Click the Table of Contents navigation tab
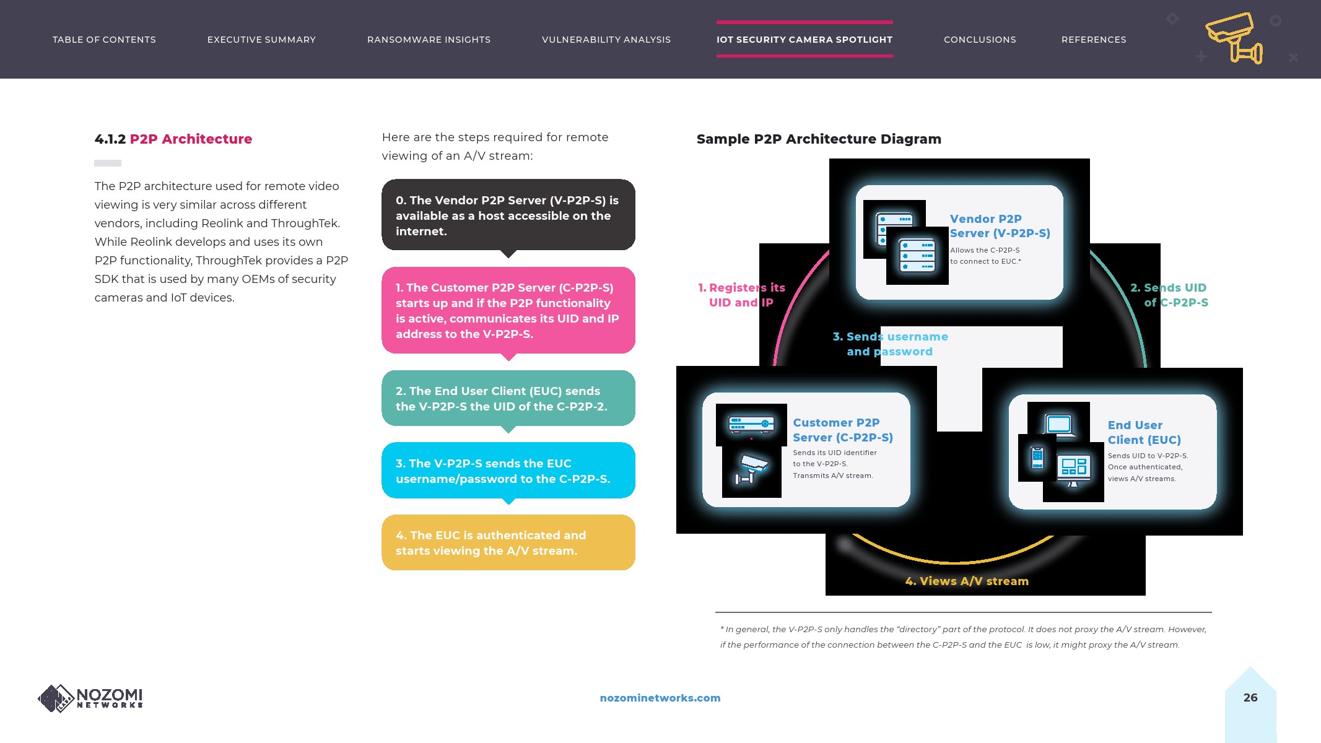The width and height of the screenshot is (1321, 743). click(104, 40)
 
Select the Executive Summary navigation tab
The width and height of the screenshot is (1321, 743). click(261, 40)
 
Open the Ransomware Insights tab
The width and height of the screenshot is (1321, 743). click(429, 40)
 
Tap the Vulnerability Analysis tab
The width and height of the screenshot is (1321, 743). click(606, 40)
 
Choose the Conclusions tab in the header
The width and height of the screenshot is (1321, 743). click(980, 40)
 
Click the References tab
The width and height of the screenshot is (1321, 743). click(1094, 40)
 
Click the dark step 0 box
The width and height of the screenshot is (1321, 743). click(508, 215)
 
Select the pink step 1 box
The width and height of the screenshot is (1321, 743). click(508, 310)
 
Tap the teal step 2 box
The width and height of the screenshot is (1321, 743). click(508, 398)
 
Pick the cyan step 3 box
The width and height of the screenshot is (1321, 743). click(508, 471)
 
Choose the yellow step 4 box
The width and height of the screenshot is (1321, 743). click(508, 542)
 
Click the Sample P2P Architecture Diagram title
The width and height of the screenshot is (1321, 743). click(819, 139)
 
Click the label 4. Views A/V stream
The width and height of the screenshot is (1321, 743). click(967, 581)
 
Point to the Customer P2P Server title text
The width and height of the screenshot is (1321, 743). click(842, 430)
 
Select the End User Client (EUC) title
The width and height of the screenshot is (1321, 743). click(1144, 432)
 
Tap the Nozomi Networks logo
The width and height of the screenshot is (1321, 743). click(90, 698)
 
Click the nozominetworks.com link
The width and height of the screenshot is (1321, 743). click(660, 698)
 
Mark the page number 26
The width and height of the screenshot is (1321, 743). click(1250, 697)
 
